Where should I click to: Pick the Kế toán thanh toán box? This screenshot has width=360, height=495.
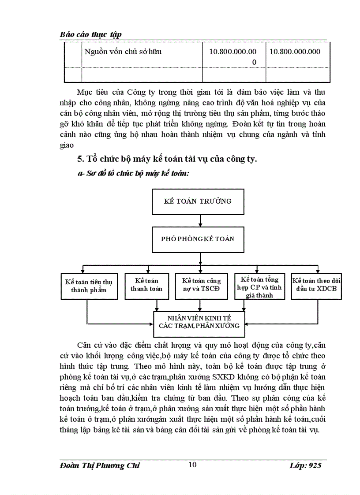pos(146,285)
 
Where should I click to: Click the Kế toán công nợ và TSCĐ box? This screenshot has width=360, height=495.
pos(201,286)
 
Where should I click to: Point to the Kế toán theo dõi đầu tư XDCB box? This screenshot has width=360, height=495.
pos(317,285)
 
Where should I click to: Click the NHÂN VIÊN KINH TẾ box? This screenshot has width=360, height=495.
pos(199,321)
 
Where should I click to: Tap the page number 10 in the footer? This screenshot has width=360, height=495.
pos(192,465)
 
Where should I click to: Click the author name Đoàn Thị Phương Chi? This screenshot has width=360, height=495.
pos(100,465)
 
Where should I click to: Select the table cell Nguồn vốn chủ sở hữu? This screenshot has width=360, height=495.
pos(123,52)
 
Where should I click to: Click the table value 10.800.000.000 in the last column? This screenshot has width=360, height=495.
pos(295,52)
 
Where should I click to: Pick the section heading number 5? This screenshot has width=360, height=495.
pos(80,159)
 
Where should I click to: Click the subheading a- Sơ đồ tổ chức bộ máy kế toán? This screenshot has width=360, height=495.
pos(133,174)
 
